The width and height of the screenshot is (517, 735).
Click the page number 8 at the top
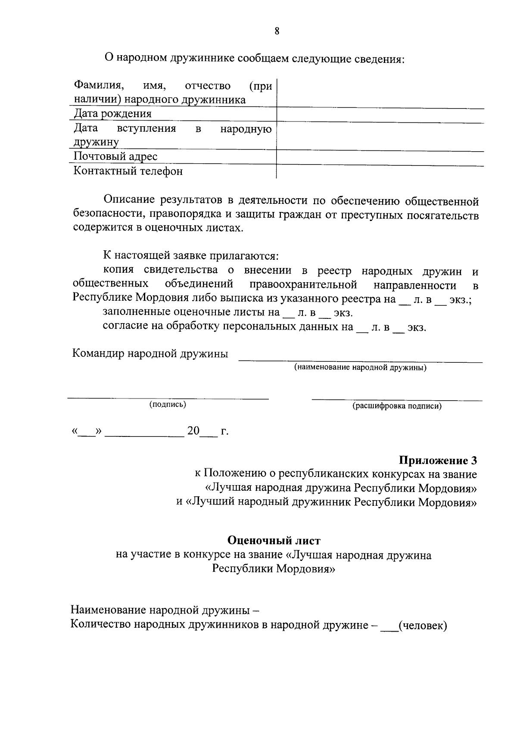pos(277,31)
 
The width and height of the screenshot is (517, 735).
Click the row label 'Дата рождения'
pos(112,114)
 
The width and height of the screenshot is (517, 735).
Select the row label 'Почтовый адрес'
pos(115,156)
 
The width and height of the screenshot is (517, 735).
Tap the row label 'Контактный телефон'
pos(128,171)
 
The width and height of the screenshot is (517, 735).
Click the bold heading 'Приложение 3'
pos(438,460)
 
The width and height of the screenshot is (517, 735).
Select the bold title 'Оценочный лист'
pos(274,540)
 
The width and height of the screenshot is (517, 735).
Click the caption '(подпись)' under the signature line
pos(168,405)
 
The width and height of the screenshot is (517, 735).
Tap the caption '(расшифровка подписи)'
pos(397,406)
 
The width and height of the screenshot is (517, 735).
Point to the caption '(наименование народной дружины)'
pos(360,367)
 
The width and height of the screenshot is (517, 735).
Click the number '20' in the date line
pos(193,431)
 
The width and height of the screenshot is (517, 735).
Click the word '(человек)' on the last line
pos(423,625)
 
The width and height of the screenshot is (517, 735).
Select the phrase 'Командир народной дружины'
pos(150,354)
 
